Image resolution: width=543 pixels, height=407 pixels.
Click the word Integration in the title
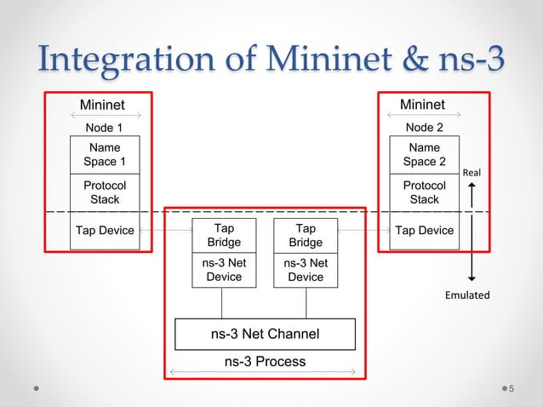coord(138,59)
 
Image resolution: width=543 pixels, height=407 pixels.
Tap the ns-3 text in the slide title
coord(465,59)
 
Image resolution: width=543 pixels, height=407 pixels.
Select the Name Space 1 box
coord(105,154)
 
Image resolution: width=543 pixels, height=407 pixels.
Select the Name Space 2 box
coord(424,154)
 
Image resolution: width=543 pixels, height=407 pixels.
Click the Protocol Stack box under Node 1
coord(105,192)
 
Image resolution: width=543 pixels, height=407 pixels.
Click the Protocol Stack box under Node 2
coord(424,192)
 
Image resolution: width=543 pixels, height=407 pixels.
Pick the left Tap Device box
coord(105,231)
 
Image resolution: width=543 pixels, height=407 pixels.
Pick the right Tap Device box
coord(424,231)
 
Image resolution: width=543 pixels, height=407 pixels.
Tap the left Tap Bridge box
coord(223,236)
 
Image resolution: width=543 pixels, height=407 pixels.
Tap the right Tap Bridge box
coord(305,236)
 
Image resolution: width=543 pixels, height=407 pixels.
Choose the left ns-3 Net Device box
coord(223,271)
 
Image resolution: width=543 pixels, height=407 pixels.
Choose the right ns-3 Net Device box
coord(305,271)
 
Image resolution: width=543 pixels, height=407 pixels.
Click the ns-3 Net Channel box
coord(265,334)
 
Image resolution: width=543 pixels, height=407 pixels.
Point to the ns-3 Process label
coord(265,361)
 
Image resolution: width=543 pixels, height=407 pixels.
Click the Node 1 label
coord(105,128)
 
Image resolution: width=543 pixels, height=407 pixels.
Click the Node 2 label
coord(424,128)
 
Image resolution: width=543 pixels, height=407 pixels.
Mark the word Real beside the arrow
coord(471,173)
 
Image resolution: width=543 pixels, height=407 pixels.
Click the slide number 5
coord(512,389)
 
